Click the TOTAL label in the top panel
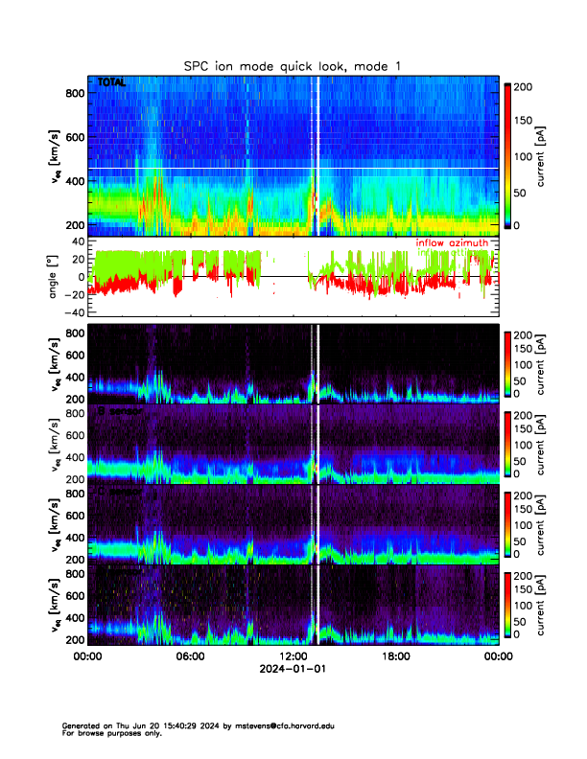111,83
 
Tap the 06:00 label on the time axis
190,657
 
